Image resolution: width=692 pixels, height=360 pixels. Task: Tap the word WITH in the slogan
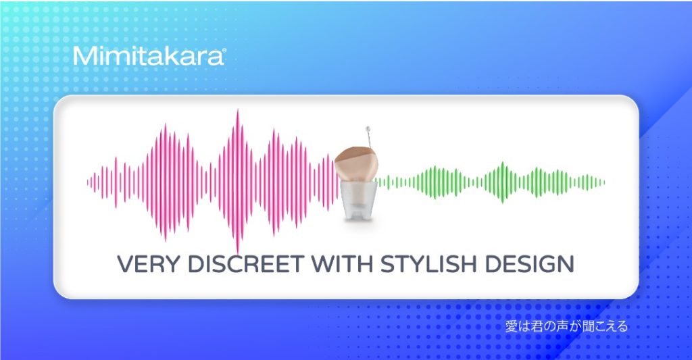click(x=343, y=264)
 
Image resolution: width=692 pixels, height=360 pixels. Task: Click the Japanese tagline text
click(x=566, y=326)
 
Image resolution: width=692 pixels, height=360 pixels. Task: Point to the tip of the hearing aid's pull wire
click(x=368, y=129)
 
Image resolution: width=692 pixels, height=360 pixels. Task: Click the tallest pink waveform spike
click(x=238, y=181)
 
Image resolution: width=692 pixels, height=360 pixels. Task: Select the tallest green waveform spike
click(x=503, y=182)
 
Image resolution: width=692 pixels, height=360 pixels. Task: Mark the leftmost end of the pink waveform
click(x=88, y=182)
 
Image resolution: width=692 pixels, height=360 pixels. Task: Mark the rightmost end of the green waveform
click(x=603, y=182)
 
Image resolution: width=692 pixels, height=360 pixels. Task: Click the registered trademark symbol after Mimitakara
click(x=224, y=51)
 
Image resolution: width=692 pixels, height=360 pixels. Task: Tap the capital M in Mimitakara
click(x=83, y=56)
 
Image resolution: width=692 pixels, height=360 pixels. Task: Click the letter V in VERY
click(x=125, y=264)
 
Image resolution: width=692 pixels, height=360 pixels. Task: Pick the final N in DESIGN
click(x=566, y=264)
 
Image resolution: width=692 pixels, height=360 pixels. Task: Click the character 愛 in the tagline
click(x=511, y=326)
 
